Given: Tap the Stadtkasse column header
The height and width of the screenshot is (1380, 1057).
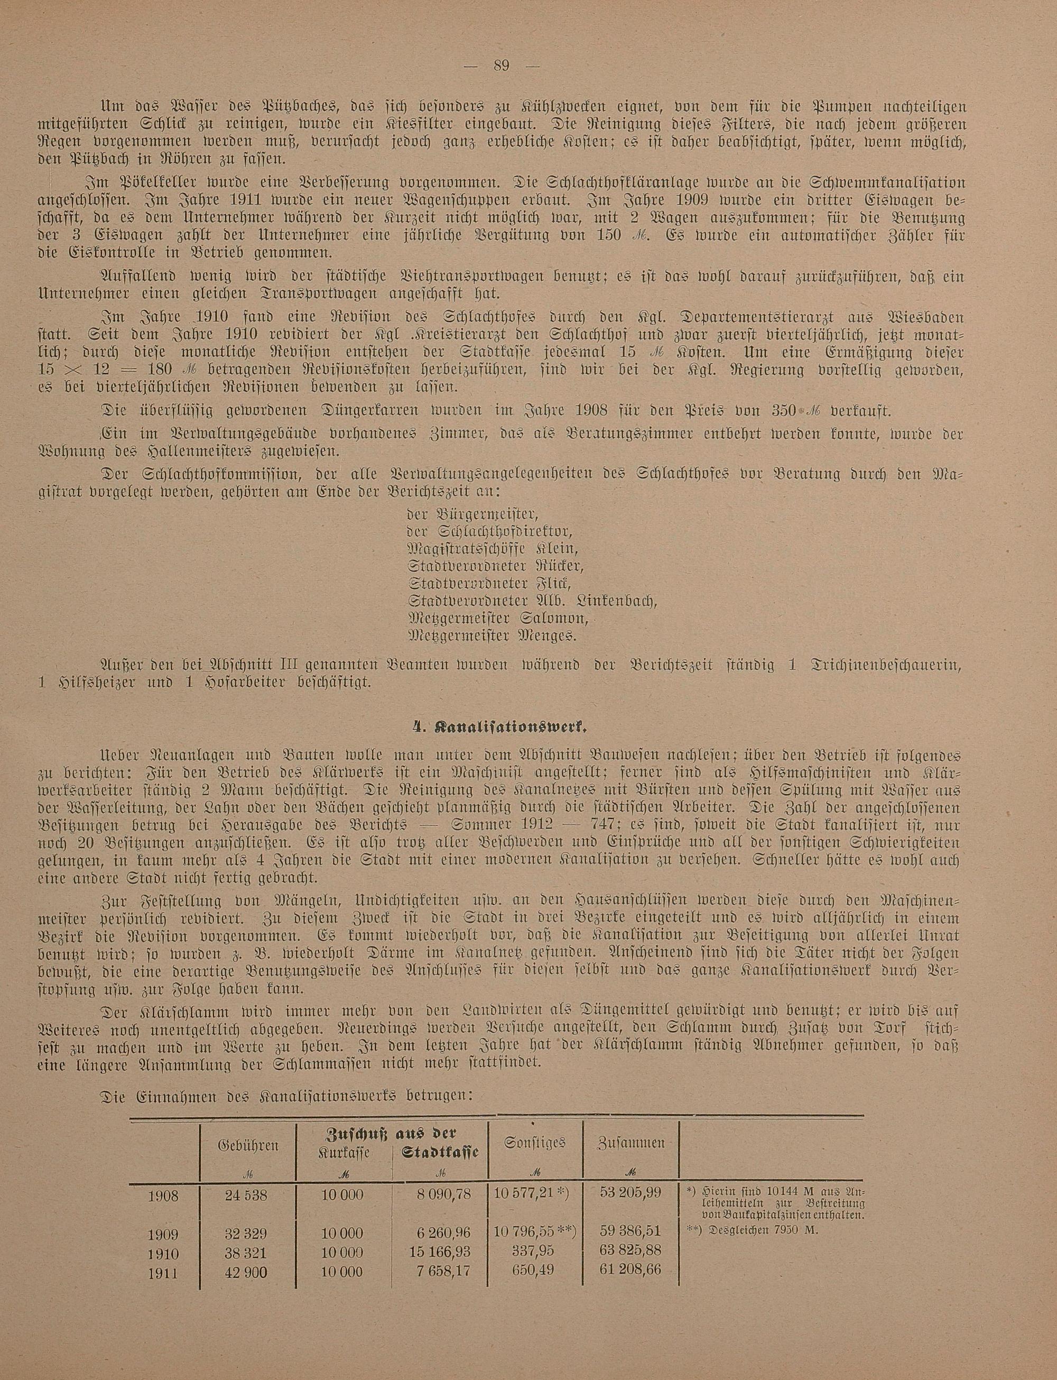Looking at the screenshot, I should coord(440,1152).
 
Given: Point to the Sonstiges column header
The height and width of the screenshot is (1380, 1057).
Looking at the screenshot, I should coord(535,1142).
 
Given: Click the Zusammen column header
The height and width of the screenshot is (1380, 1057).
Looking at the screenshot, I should coord(631,1143).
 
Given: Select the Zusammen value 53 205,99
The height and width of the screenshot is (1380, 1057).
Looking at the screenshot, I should coord(631,1194).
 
